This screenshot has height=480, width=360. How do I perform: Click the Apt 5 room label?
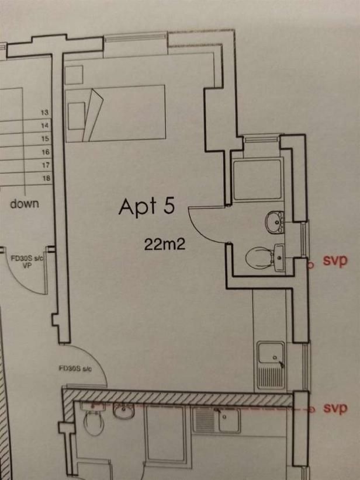point(147,207)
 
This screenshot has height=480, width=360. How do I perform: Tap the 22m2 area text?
point(165,244)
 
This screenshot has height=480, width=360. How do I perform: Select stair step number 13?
point(45,112)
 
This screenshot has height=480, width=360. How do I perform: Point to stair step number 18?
point(46,178)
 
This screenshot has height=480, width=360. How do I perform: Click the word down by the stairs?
point(25,204)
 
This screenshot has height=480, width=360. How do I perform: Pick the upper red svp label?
point(335,260)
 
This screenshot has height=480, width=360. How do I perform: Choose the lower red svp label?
point(335,408)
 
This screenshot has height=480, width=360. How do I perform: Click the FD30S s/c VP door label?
point(27,262)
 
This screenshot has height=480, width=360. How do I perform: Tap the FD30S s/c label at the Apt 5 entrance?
point(75,369)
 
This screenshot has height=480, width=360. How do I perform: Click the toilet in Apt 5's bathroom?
point(260,257)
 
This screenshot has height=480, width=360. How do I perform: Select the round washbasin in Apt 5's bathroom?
point(274,222)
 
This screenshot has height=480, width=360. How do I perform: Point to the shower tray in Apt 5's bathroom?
point(257,179)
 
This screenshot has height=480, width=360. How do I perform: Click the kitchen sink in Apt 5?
point(271,365)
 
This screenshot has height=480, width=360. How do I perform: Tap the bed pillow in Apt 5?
point(77,116)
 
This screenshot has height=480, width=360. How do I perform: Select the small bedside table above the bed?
point(74,75)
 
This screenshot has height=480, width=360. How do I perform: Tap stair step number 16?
point(46,152)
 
